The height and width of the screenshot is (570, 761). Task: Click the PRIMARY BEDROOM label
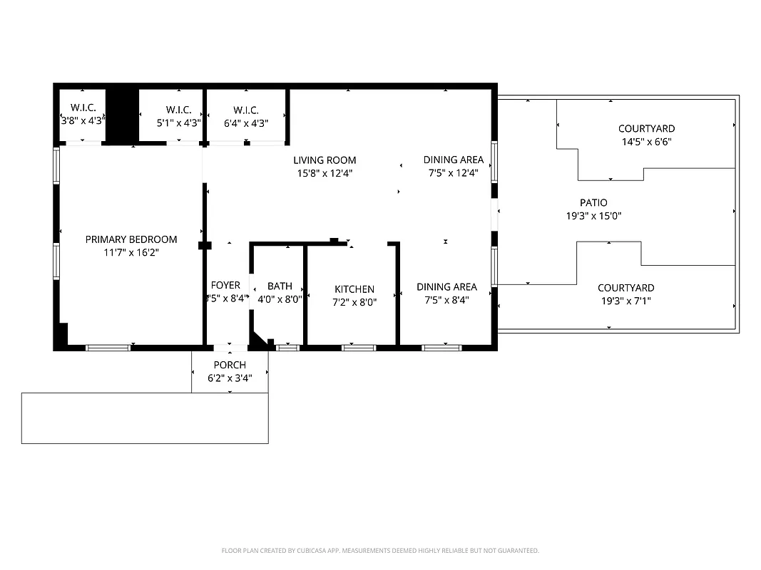pyautogui.click(x=131, y=239)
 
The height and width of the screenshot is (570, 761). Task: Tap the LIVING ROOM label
pyautogui.click(x=325, y=160)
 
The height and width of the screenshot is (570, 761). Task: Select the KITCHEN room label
pyautogui.click(x=354, y=289)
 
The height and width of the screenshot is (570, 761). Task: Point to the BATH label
pyautogui.click(x=280, y=286)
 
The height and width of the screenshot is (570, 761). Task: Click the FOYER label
pyautogui.click(x=225, y=286)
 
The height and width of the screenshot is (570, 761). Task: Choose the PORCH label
pyautogui.click(x=230, y=366)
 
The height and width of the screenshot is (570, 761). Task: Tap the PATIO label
pyautogui.click(x=593, y=203)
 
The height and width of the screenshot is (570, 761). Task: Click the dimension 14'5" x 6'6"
pyautogui.click(x=646, y=142)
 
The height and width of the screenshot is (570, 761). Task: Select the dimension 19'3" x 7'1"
pyautogui.click(x=625, y=301)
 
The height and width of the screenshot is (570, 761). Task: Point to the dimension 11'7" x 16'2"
pyautogui.click(x=131, y=252)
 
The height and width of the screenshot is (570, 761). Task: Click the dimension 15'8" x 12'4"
pyautogui.click(x=325, y=173)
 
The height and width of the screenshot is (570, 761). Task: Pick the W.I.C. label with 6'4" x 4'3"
pyautogui.click(x=245, y=110)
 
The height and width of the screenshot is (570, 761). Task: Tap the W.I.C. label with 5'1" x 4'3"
pyautogui.click(x=178, y=110)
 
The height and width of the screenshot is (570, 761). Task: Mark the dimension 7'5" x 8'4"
pyautogui.click(x=446, y=300)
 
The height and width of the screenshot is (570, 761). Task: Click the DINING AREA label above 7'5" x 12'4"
pyautogui.click(x=453, y=160)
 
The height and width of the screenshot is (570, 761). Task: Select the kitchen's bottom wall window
pyautogui.click(x=358, y=348)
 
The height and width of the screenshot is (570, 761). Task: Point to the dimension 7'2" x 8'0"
pyautogui.click(x=354, y=302)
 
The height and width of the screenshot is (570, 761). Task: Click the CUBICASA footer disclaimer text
pyautogui.click(x=380, y=551)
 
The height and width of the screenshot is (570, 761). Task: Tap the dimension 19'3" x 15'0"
pyautogui.click(x=593, y=216)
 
